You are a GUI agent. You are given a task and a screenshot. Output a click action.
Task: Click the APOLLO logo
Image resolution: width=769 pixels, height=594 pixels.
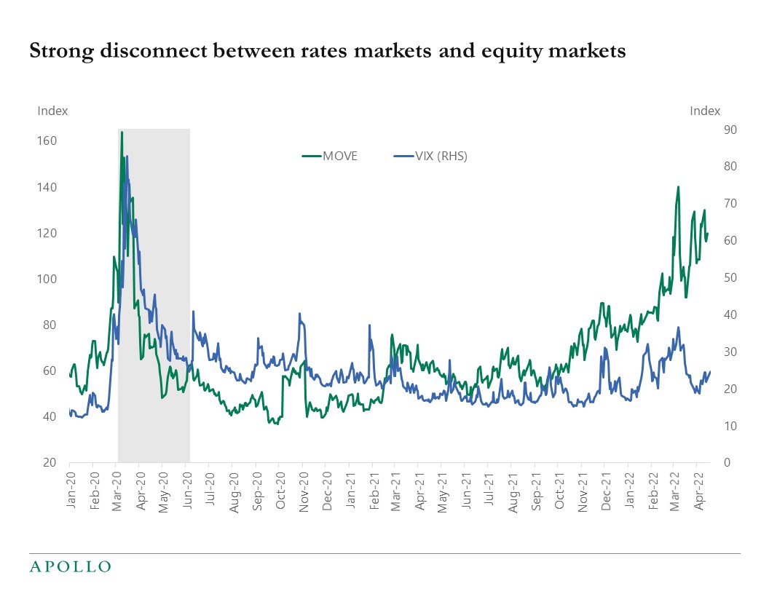[70, 566]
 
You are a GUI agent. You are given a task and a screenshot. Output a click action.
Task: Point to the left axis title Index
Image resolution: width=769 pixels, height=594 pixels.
[52, 111]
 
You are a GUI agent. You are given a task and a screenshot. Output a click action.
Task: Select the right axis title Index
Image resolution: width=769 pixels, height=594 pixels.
[704, 111]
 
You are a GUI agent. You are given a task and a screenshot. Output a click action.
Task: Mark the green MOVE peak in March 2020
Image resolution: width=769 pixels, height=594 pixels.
[122, 132]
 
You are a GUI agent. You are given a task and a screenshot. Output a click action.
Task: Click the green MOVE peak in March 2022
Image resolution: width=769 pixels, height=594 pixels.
[678, 187]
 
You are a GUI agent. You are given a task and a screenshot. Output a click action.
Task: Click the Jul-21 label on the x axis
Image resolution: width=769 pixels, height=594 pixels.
[488, 489]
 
